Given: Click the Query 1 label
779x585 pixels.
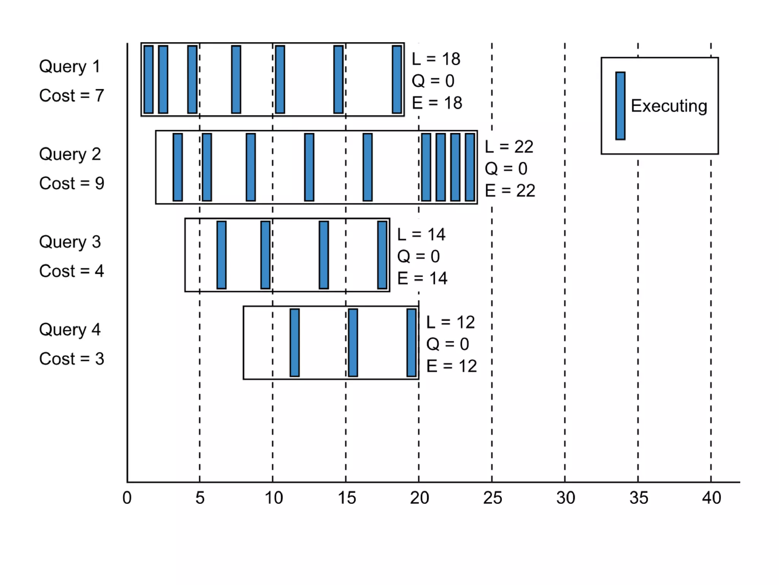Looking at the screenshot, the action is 70,67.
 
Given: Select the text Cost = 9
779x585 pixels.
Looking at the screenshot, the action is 72,183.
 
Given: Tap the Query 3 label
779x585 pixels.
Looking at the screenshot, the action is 70,242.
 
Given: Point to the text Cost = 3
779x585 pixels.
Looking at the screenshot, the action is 72,359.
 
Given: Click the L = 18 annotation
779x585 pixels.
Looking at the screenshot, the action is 436,59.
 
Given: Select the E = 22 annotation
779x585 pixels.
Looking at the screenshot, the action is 510,190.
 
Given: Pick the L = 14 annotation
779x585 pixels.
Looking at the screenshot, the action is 421,235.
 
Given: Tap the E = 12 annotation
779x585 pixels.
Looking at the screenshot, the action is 451,366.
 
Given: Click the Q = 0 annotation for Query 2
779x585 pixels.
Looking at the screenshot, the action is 506,168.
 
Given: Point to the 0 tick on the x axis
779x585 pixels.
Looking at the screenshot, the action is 127,498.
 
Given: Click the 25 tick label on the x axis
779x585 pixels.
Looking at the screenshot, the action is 492,498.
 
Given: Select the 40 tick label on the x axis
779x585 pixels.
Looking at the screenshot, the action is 711,498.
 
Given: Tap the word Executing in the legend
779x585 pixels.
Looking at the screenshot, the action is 669,106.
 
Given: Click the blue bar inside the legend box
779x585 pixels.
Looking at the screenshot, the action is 620,106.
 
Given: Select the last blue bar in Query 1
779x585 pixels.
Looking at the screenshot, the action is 397,79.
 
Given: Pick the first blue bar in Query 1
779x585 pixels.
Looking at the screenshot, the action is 149,79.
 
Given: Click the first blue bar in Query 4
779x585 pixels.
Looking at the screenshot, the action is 294,342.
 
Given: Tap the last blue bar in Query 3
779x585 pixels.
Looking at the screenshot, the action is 382,255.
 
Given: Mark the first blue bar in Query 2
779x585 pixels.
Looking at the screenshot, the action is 178,167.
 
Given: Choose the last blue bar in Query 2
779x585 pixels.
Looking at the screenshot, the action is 470,167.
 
